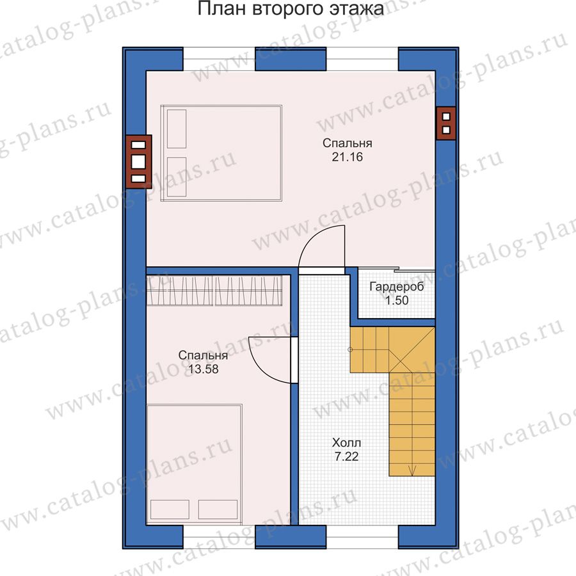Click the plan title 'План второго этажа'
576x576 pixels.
pos(291,9)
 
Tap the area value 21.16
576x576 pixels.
pos(347,157)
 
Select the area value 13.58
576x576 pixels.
pos(203,369)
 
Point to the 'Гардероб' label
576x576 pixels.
pos(397,286)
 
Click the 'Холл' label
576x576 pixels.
pos(346,442)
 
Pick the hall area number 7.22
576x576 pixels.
pos(346,456)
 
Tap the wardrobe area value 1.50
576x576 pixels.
pos(397,300)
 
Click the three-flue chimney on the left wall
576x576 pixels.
pos(139,162)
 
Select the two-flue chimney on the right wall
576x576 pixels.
pos(446,124)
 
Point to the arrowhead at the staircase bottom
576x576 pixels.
pos(412,470)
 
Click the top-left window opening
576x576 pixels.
pos(219,59)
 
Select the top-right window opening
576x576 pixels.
pos(362,59)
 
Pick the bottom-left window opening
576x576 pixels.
pos(219,537)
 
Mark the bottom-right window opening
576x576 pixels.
pos(362,537)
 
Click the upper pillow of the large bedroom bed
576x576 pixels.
pos(177,129)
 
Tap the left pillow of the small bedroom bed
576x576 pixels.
pos(170,509)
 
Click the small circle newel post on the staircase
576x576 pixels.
pos(350,349)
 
